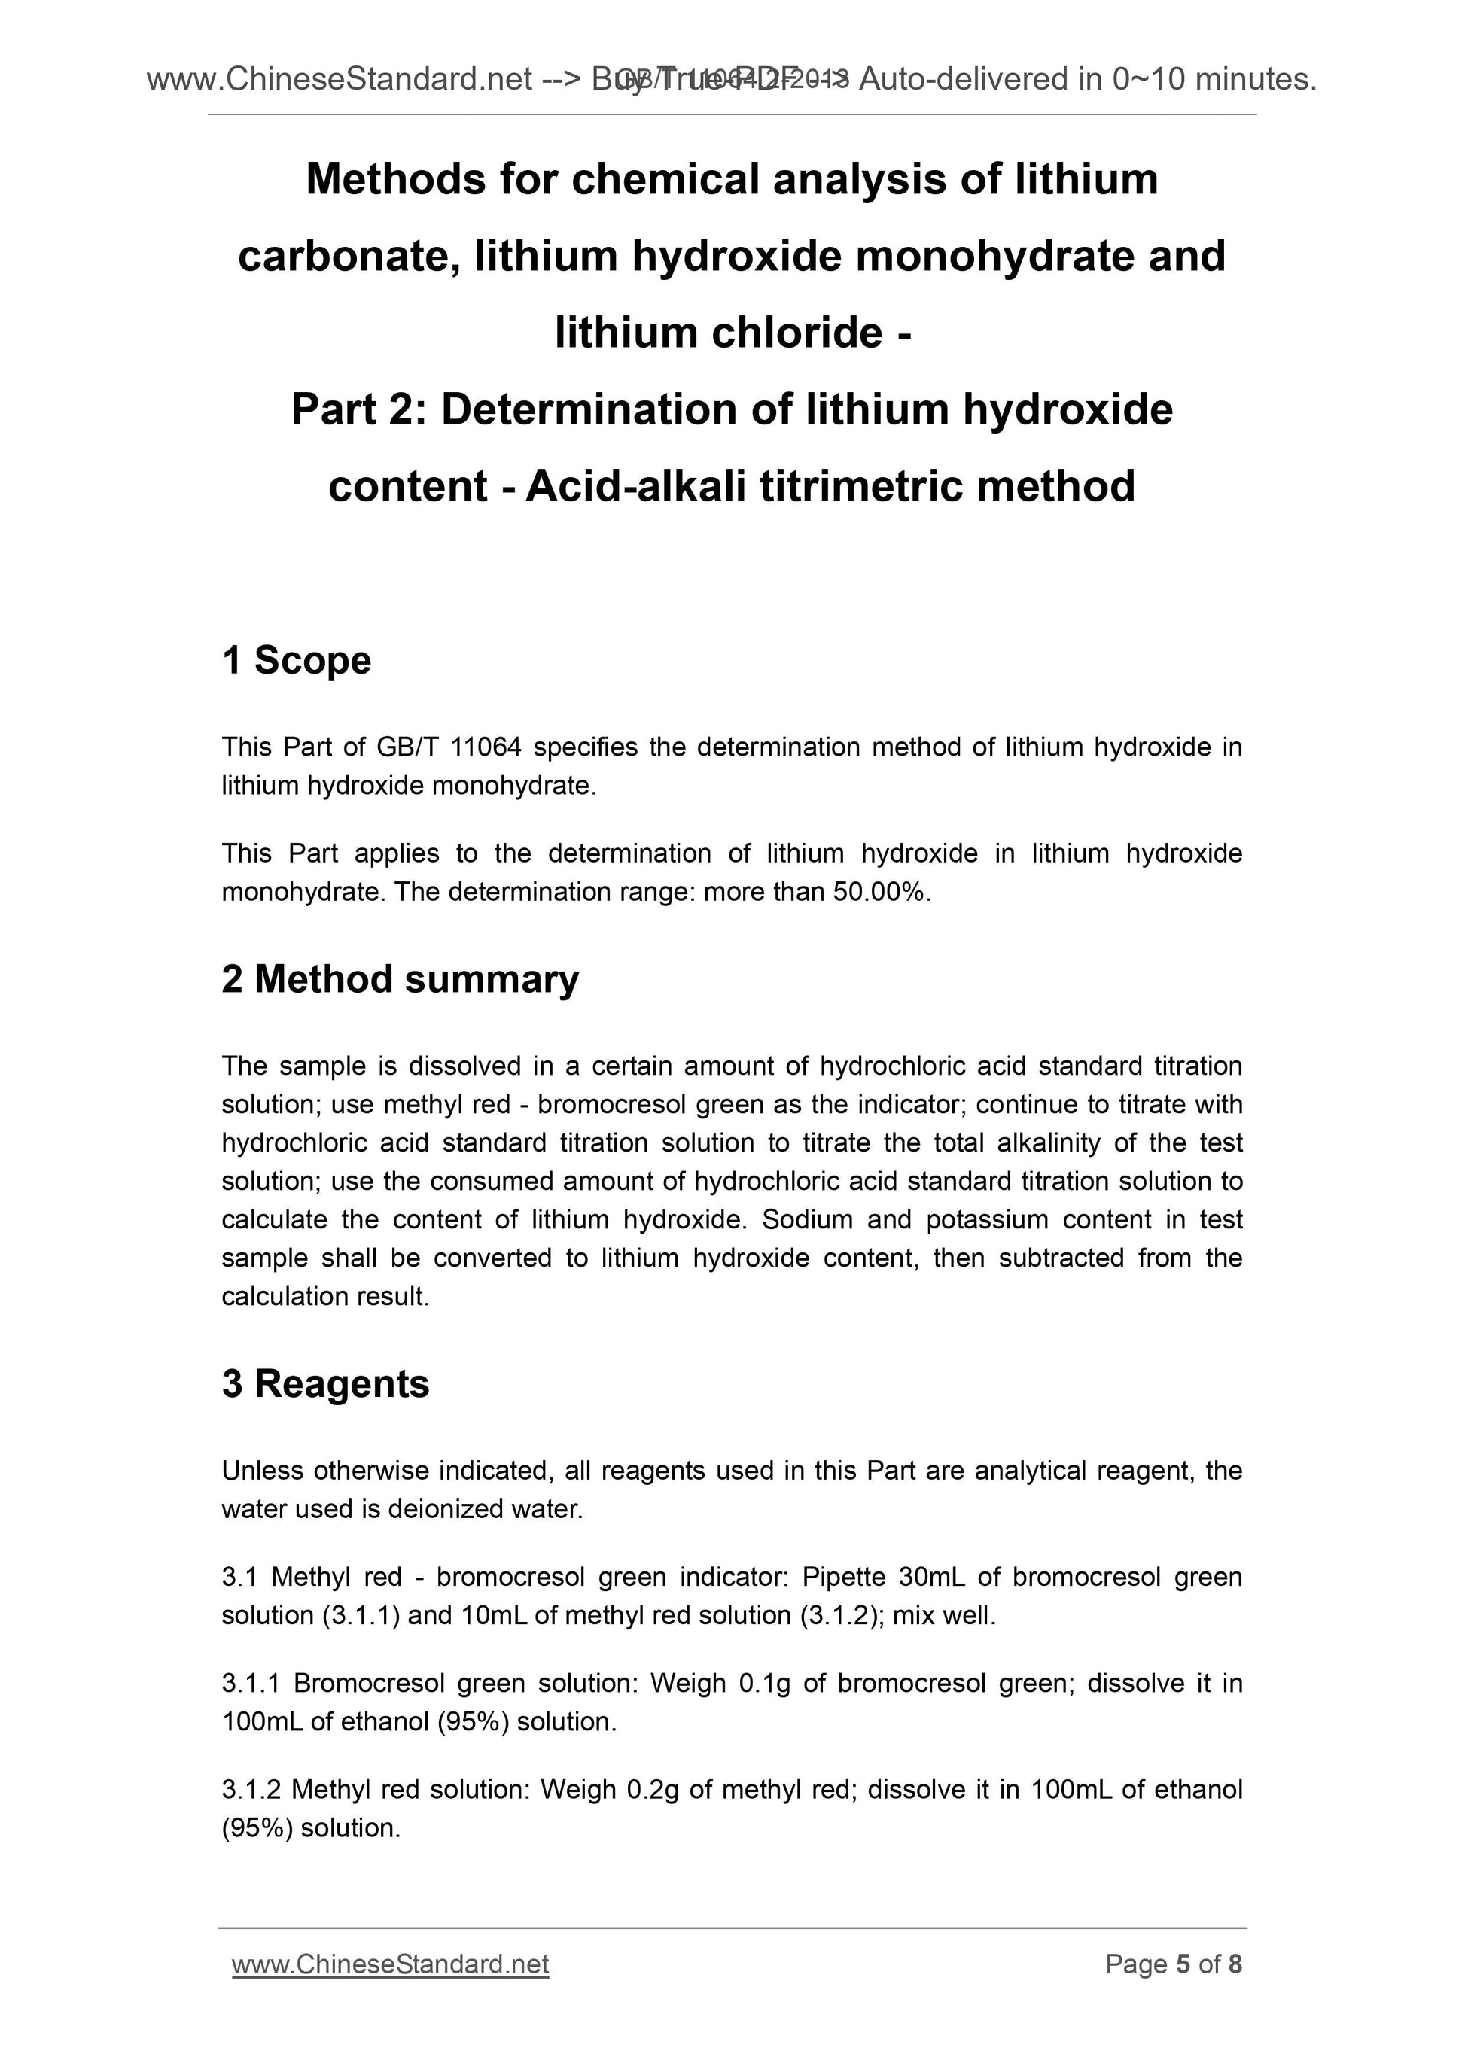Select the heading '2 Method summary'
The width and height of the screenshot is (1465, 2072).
[400, 979]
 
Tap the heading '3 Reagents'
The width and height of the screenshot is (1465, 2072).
[325, 1383]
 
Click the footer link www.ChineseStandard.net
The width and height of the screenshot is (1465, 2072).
[390, 1964]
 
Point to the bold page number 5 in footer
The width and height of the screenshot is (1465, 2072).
[1183, 1964]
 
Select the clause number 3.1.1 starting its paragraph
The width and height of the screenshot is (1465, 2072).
[252, 1683]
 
